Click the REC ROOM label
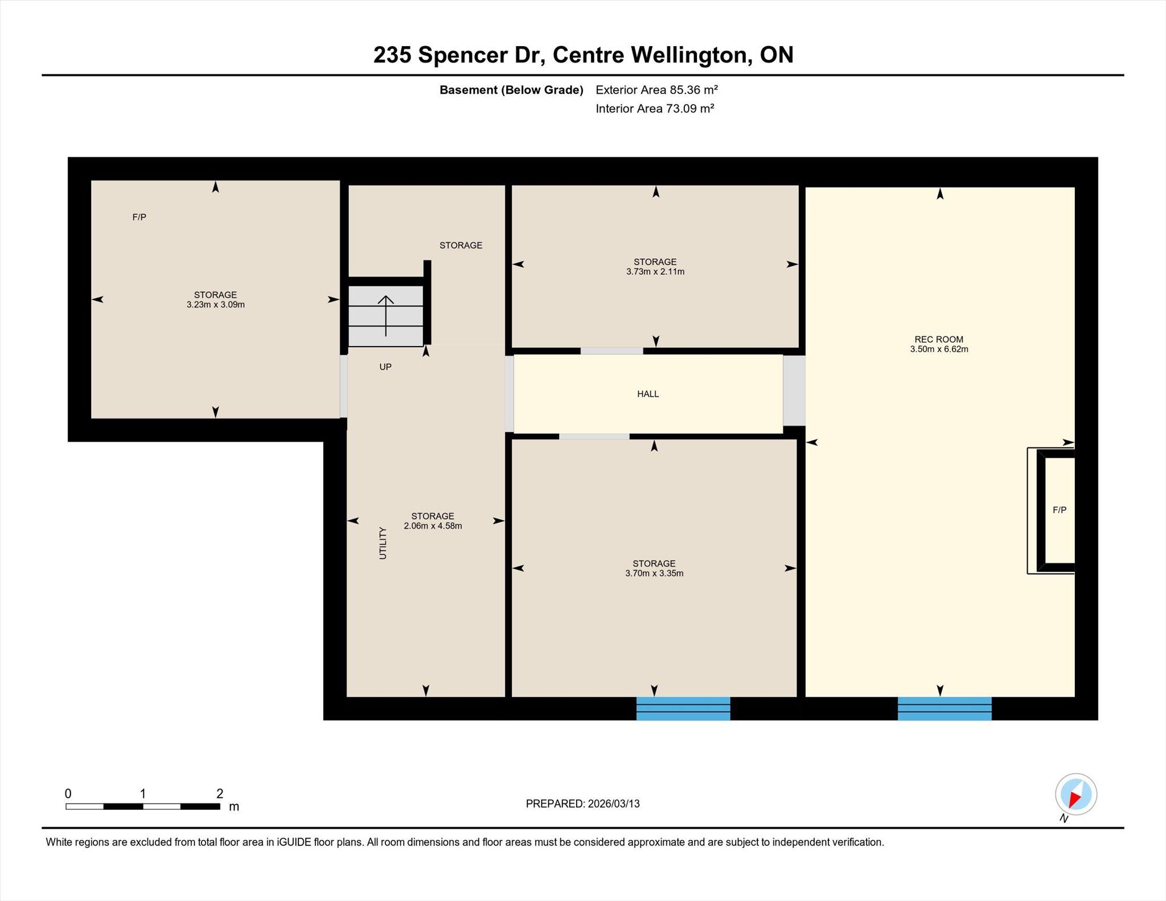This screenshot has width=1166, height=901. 939,339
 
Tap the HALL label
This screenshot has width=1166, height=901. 648,394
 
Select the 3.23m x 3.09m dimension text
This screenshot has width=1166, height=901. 216,305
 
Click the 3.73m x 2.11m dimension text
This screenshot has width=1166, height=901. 655,271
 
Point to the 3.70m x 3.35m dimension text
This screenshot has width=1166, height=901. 654,573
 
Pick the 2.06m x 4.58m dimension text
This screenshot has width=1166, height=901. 433,526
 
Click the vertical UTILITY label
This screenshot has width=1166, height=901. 383,543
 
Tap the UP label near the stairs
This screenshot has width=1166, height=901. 385,367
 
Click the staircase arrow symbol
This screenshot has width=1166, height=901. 386,316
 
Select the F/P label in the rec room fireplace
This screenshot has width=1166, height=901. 1060,510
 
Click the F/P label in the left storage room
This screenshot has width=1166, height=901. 139,217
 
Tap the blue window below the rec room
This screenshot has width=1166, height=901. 945,709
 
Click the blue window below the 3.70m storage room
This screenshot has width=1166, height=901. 683,709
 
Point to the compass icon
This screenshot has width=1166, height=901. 1075,795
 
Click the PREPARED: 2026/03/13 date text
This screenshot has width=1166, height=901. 582,804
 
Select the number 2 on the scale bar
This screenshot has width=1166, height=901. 220,793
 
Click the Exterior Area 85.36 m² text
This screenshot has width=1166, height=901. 656,90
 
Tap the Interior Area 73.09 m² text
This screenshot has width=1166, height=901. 655,109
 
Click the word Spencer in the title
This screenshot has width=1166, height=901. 463,56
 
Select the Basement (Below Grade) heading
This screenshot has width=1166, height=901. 511,90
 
